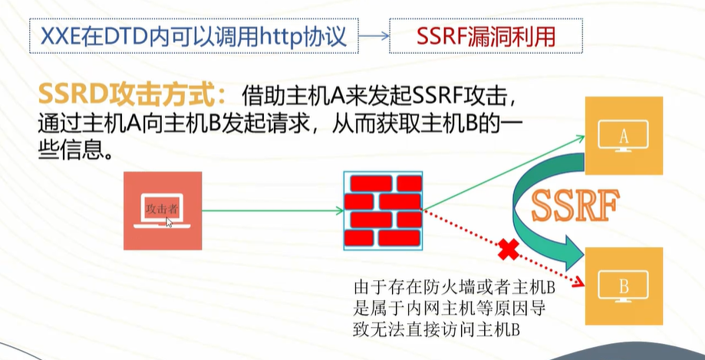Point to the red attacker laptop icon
click(x=163, y=210)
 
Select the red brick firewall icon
click(x=383, y=210)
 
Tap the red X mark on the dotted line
click(x=506, y=250)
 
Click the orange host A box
click(x=623, y=137)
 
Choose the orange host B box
click(x=623, y=286)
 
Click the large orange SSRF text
click(x=575, y=206)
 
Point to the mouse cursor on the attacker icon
click(x=169, y=222)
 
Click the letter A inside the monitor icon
click(x=623, y=136)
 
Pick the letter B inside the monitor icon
click(x=623, y=286)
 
